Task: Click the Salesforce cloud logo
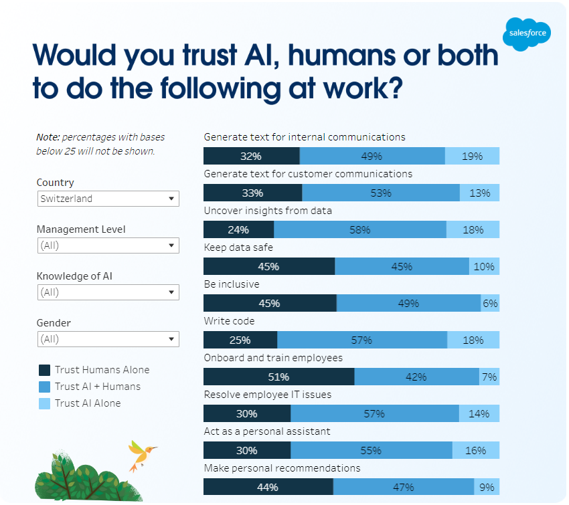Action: [x=527, y=32]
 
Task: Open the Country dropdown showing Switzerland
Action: [x=108, y=199]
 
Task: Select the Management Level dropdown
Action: [x=108, y=245]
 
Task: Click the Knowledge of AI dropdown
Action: [x=108, y=292]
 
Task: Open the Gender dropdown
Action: [x=108, y=339]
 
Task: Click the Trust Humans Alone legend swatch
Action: [x=44, y=370]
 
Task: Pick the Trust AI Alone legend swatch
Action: [x=44, y=403]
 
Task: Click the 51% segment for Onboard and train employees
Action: [x=278, y=377]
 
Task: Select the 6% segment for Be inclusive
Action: [x=490, y=303]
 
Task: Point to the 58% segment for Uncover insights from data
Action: [x=359, y=229]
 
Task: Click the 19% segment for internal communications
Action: [x=472, y=156]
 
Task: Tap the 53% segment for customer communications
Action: [x=380, y=193]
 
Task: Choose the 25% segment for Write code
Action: [x=240, y=340]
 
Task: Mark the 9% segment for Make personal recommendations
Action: [x=487, y=487]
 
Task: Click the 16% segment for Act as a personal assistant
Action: [x=475, y=450]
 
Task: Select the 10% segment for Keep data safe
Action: [x=484, y=266]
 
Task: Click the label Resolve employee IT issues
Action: [x=267, y=395]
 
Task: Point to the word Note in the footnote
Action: [x=48, y=137]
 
